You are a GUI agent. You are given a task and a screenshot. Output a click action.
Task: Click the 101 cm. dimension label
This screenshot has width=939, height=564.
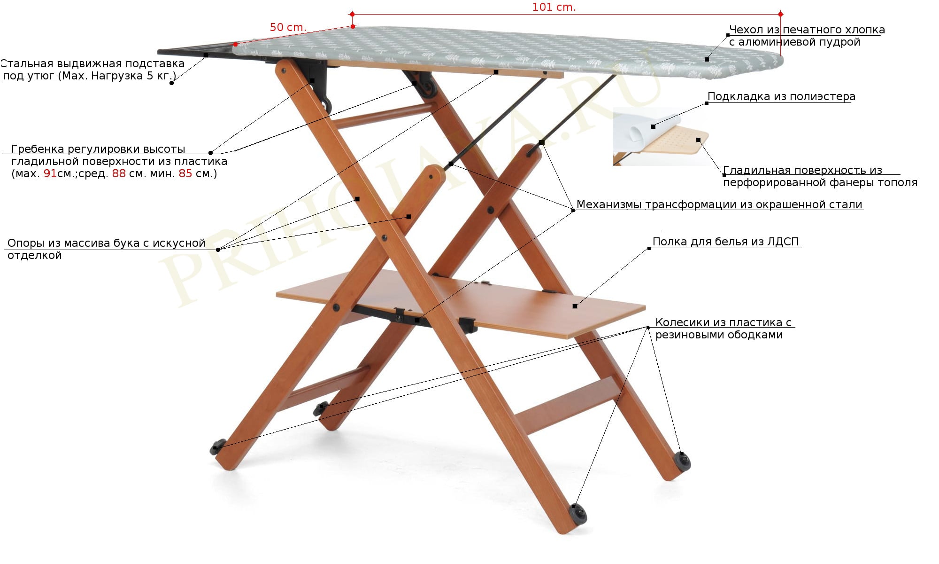554,8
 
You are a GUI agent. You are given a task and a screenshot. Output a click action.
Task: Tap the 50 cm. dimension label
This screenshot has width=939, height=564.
288,27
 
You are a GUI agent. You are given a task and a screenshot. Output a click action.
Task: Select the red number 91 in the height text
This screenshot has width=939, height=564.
50,174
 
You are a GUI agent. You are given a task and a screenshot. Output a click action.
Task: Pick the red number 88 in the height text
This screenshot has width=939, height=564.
119,174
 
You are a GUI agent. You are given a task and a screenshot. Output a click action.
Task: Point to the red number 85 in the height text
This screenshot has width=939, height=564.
185,174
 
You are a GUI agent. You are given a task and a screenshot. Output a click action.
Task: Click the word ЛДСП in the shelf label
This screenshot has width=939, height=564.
783,242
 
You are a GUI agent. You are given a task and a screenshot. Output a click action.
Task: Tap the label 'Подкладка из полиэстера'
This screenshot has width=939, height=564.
781,97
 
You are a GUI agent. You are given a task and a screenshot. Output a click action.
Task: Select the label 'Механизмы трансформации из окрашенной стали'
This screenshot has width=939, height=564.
719,205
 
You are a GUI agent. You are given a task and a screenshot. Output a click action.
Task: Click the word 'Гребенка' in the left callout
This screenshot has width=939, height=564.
38,149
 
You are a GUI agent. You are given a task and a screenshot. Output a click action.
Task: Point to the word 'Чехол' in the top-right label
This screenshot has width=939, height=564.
747,30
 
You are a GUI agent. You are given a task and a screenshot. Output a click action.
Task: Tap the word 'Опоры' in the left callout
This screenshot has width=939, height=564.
26,243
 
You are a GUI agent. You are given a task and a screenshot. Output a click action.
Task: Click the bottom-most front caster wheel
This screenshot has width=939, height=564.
578,513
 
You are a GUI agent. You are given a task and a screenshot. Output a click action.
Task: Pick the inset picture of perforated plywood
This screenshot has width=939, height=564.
661,136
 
